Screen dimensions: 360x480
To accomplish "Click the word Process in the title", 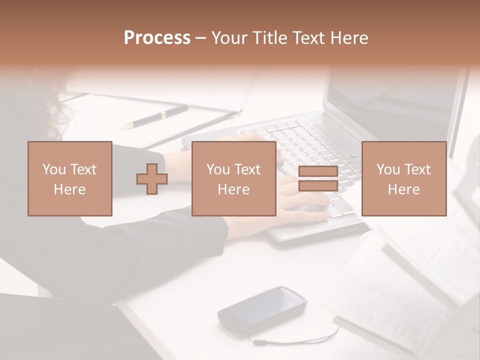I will (x=157, y=38).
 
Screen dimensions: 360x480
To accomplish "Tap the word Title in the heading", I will (x=269, y=38).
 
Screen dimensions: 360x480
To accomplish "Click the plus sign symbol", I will (x=152, y=178).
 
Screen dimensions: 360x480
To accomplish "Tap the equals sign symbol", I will (x=318, y=178).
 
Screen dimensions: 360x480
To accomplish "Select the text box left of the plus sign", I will (x=70, y=178).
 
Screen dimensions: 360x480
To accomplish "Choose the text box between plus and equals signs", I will (x=234, y=178).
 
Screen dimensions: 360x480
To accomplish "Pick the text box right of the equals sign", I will (x=404, y=178).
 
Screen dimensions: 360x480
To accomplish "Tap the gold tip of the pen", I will (x=126, y=125).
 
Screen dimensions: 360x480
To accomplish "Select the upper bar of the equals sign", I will (x=318, y=171).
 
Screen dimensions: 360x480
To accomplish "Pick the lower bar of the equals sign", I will (x=318, y=185).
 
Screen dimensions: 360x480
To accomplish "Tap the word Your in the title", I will (x=228, y=38).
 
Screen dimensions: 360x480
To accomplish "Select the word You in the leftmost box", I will (x=54, y=169).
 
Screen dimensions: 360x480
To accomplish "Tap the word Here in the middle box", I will (x=234, y=189).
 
